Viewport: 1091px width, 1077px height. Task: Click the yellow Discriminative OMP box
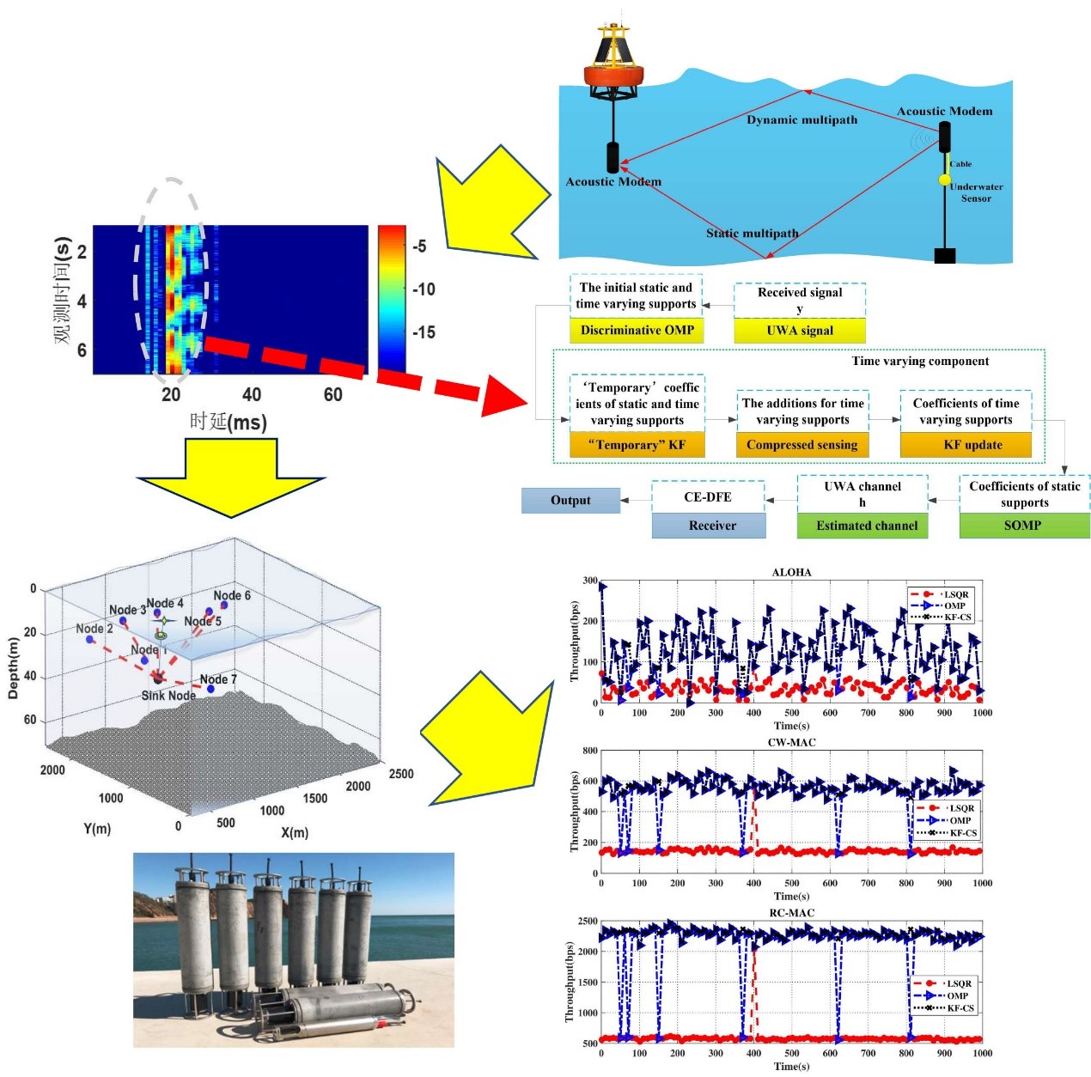(x=637, y=331)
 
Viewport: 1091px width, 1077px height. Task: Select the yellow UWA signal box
(x=800, y=331)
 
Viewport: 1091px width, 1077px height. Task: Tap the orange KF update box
(x=972, y=445)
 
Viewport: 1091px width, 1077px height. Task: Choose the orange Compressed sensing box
(x=801, y=445)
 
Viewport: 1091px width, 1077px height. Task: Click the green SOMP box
(x=1023, y=526)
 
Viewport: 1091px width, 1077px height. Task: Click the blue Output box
(x=570, y=501)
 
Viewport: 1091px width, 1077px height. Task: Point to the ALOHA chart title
(x=791, y=572)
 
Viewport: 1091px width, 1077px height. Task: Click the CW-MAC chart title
(x=791, y=742)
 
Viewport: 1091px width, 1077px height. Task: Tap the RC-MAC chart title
(x=791, y=913)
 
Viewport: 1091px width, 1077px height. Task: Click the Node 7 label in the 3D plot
(x=218, y=679)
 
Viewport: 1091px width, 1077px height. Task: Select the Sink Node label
(x=168, y=696)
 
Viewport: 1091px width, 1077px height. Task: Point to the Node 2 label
(x=94, y=629)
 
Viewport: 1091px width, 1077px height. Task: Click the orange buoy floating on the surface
(x=614, y=73)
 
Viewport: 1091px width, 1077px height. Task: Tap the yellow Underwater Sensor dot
(x=945, y=179)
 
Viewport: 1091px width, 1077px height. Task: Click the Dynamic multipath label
(x=801, y=120)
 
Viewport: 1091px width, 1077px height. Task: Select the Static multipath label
(x=752, y=234)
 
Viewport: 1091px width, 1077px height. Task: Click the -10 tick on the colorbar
(x=424, y=289)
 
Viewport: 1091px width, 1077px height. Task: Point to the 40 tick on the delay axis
(x=252, y=395)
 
